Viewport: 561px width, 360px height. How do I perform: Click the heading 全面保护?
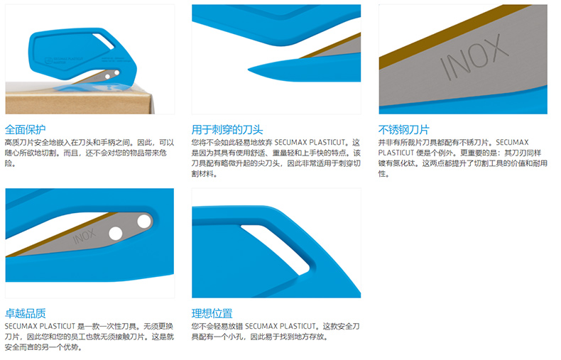25,129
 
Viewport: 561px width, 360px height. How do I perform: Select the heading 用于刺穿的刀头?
227,129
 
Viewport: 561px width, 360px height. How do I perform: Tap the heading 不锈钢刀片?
403,129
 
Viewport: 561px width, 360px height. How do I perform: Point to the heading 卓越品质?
25,313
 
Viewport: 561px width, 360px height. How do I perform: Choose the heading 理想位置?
212,313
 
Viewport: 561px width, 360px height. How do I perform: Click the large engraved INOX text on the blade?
474,57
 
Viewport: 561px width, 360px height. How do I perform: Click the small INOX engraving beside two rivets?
85,236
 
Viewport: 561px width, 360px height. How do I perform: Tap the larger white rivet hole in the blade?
144,221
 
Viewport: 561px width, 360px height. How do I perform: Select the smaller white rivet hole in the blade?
116,234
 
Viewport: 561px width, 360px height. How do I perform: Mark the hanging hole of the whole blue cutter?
104,41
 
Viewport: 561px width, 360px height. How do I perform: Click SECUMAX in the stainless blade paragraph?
512,143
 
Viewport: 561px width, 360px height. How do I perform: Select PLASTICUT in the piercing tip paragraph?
327,143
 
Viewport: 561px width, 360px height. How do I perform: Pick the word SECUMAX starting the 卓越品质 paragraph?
21,327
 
